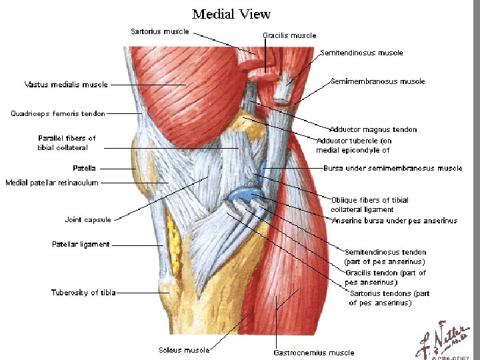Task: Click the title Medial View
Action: coord(231,13)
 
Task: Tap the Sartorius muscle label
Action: coord(160,31)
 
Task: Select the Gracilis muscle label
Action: coord(289,35)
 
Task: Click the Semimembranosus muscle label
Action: coord(377,81)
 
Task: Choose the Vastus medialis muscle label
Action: coord(66,85)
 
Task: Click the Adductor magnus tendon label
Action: coord(373,129)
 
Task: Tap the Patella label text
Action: coord(85,168)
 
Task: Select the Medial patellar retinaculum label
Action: coord(52,183)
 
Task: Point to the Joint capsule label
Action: coord(88,219)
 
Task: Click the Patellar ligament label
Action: coord(81,244)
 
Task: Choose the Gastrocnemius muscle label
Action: coord(314,353)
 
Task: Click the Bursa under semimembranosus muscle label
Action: coord(393,169)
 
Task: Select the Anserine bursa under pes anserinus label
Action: coord(395,221)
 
